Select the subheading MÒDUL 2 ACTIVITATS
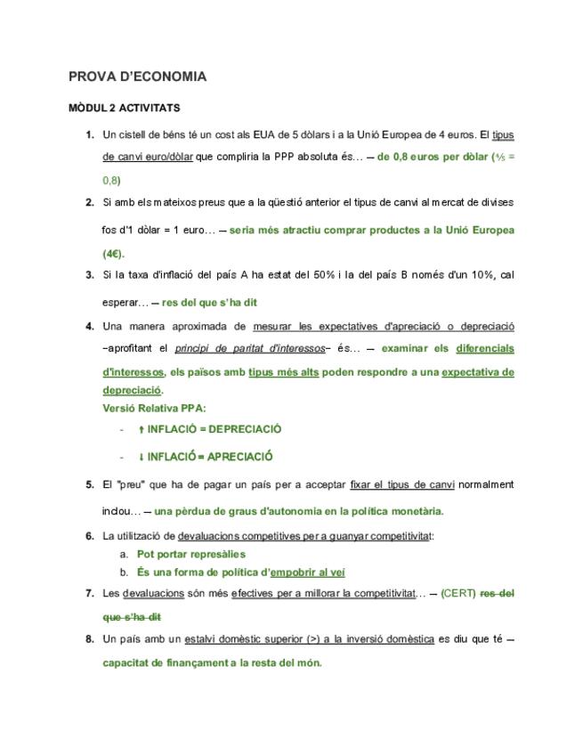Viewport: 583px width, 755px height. tap(125, 109)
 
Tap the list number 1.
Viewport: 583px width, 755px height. tap(90, 135)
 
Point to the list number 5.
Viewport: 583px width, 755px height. tap(90, 485)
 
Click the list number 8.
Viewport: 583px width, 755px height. tap(90, 639)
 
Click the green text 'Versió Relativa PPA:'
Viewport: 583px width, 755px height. tap(154, 409)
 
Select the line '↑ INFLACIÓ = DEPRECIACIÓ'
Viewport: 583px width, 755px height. tap(210, 429)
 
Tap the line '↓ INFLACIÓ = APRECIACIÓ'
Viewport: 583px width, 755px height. tap(206, 457)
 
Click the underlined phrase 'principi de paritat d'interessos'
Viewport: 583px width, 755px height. tap(250, 347)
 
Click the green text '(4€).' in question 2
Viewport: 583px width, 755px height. tap(114, 253)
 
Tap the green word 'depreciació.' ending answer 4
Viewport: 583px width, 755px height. tap(134, 391)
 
